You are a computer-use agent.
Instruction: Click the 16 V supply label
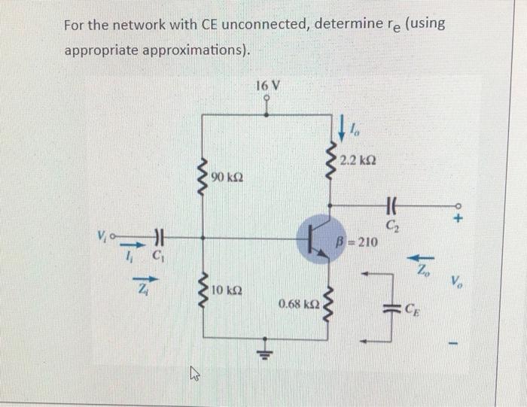268,86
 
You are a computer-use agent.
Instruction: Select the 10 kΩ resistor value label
226,290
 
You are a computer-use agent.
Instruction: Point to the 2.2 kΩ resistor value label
358,160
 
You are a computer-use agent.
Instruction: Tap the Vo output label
458,283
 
